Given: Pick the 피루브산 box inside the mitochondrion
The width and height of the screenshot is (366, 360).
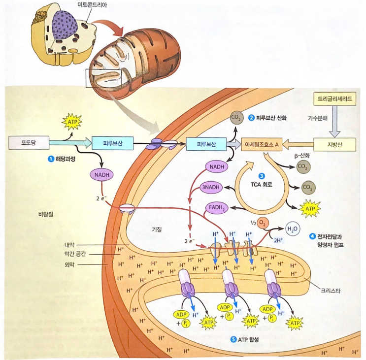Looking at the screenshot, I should point(206,143).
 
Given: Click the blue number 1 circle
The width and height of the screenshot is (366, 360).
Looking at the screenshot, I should point(50,159).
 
